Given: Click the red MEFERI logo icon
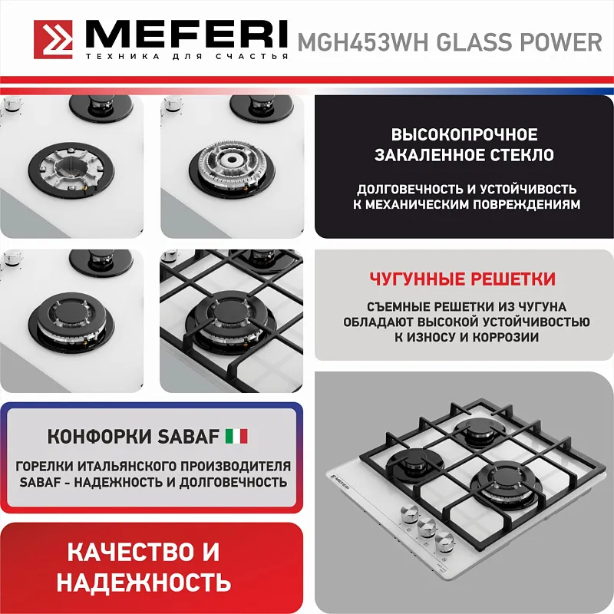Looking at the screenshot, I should coord(54,38).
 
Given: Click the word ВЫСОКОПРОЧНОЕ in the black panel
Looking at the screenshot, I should coord(464,134).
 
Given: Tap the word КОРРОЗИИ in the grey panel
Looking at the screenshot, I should coord(507,337).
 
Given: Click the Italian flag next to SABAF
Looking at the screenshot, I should coord(236,437).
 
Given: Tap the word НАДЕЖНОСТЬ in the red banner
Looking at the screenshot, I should coord(144,581).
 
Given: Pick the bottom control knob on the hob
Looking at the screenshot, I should coord(444,542).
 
